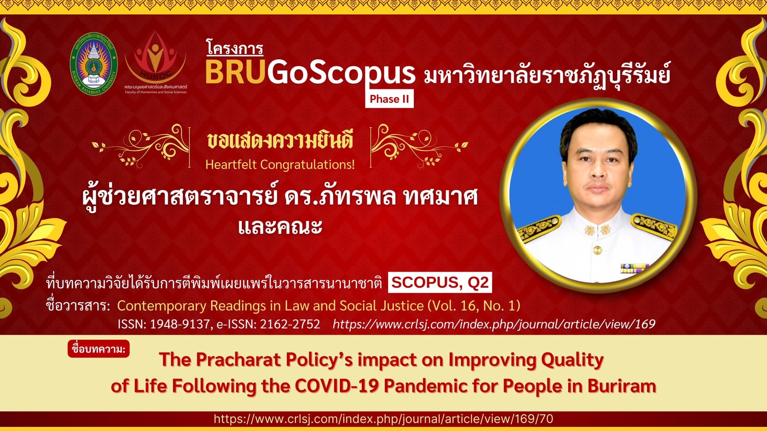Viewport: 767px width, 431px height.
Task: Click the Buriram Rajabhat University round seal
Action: pos(94,64)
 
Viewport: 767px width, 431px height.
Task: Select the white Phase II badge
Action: pos(389,99)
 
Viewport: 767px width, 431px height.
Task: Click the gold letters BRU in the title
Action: pos(235,72)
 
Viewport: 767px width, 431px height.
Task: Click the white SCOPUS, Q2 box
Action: pos(440,282)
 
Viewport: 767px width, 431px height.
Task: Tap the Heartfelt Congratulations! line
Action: pos(280,165)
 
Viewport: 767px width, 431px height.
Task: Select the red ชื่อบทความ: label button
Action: pos(98,348)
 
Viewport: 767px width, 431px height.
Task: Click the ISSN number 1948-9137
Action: pos(179,324)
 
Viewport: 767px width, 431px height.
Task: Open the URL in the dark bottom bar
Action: pos(383,419)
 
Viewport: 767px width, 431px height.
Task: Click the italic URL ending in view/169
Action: pos(494,324)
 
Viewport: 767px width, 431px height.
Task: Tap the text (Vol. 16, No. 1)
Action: pos(474,305)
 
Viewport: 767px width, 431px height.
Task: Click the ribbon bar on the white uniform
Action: pos(635,268)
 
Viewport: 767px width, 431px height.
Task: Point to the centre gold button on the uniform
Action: pos(598,251)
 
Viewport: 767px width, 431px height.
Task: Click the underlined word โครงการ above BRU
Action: pos(235,48)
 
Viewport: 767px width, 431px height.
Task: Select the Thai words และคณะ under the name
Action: pos(280,226)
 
